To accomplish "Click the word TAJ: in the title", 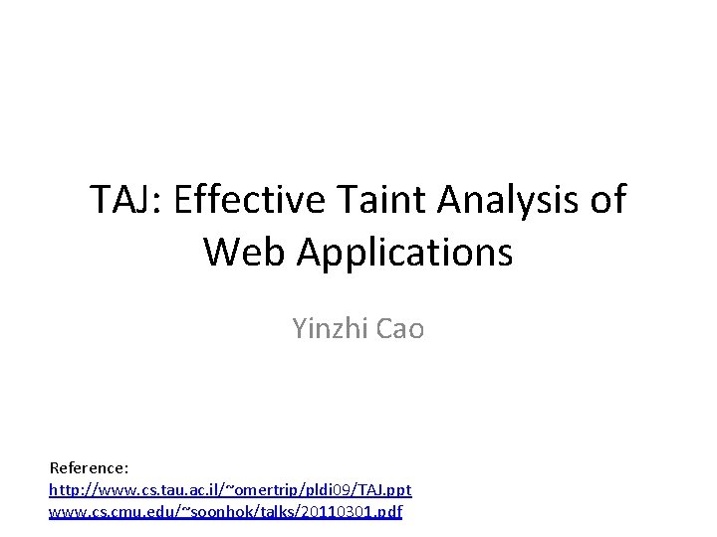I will click(x=126, y=200).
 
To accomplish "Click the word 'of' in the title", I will click(x=608, y=200).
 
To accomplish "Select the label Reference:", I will click(x=89, y=466).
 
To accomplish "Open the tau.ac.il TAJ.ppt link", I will click(x=230, y=489).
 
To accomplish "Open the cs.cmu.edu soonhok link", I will click(x=225, y=512).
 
